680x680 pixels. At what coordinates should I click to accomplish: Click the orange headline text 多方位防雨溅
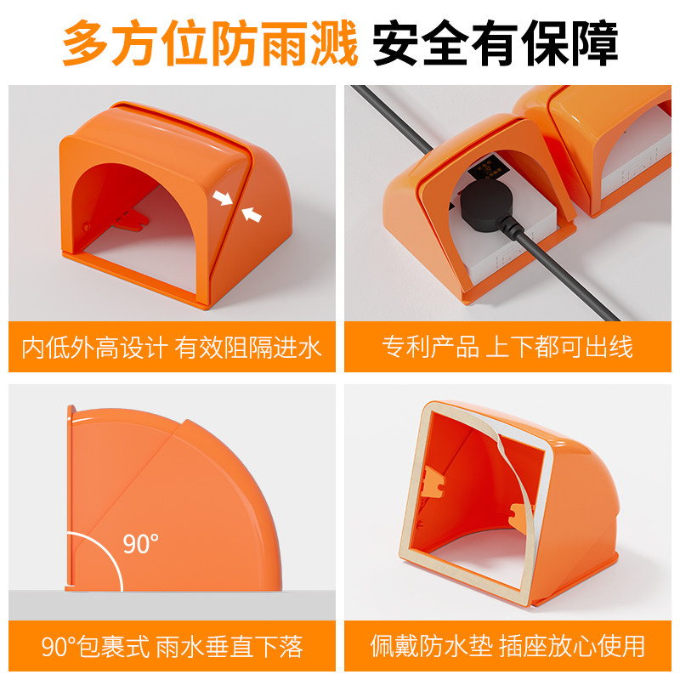(x=210, y=42)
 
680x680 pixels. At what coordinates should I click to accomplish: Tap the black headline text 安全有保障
(x=496, y=42)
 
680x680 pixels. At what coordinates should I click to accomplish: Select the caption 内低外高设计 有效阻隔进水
(x=172, y=348)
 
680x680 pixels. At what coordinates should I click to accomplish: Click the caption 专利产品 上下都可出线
(x=507, y=347)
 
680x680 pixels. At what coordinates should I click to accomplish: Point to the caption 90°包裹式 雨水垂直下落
(x=173, y=647)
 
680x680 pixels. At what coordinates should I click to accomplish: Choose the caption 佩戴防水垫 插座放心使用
(x=507, y=646)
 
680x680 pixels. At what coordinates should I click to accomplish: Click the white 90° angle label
(x=140, y=543)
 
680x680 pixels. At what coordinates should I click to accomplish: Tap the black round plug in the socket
(x=486, y=205)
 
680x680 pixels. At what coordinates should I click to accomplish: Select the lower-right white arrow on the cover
(x=252, y=214)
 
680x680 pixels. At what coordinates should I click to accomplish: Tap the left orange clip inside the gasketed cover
(x=434, y=481)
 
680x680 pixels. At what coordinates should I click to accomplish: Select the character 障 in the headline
(x=594, y=42)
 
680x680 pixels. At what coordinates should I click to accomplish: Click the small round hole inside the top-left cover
(x=87, y=226)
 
